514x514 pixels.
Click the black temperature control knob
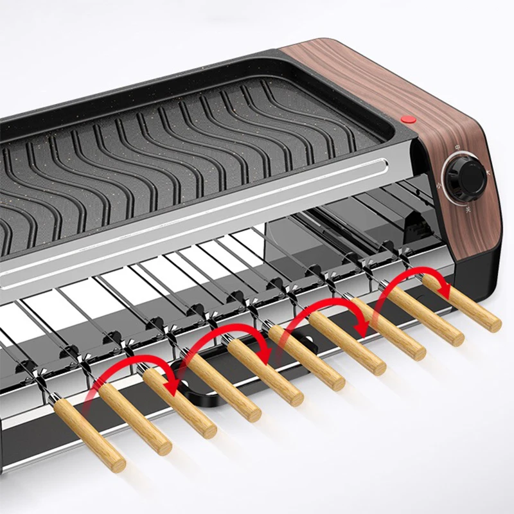[464, 178]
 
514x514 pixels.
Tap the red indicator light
[407, 119]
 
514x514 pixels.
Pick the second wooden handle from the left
[134, 418]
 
